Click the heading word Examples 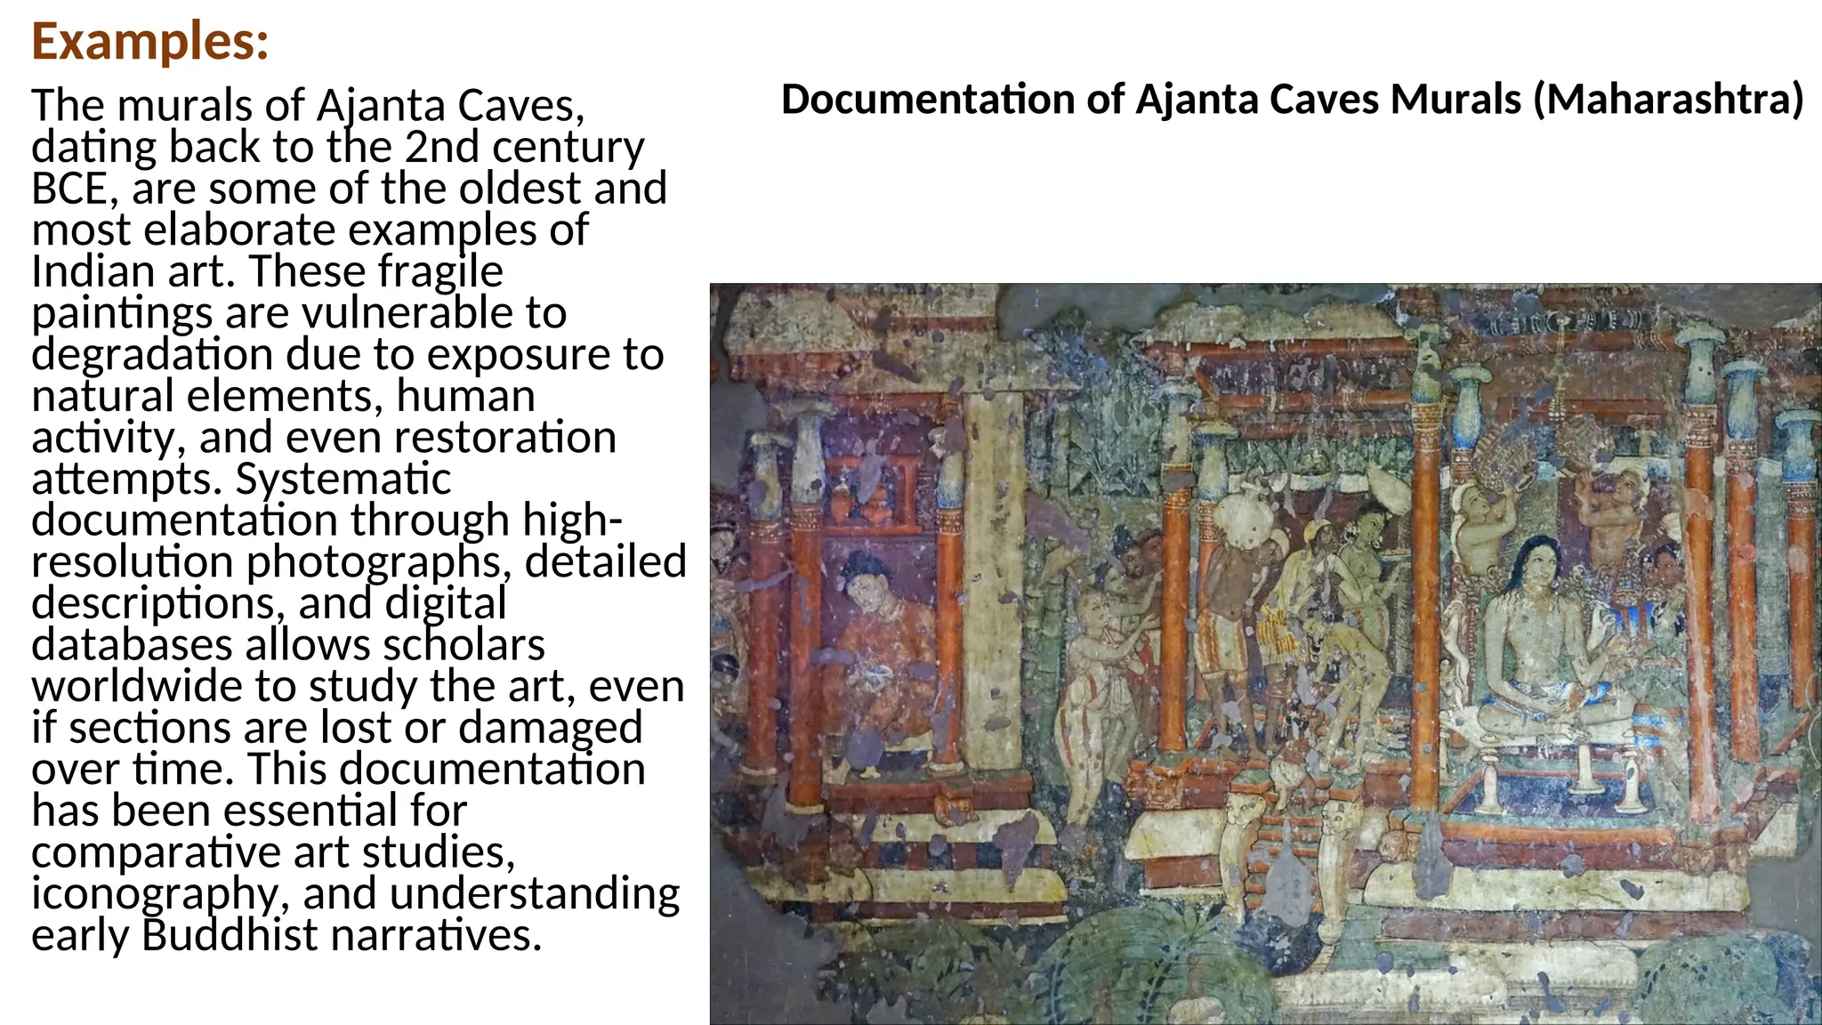pos(149,42)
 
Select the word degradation pos(152,354)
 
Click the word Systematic pos(343,479)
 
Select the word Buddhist pos(229,935)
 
